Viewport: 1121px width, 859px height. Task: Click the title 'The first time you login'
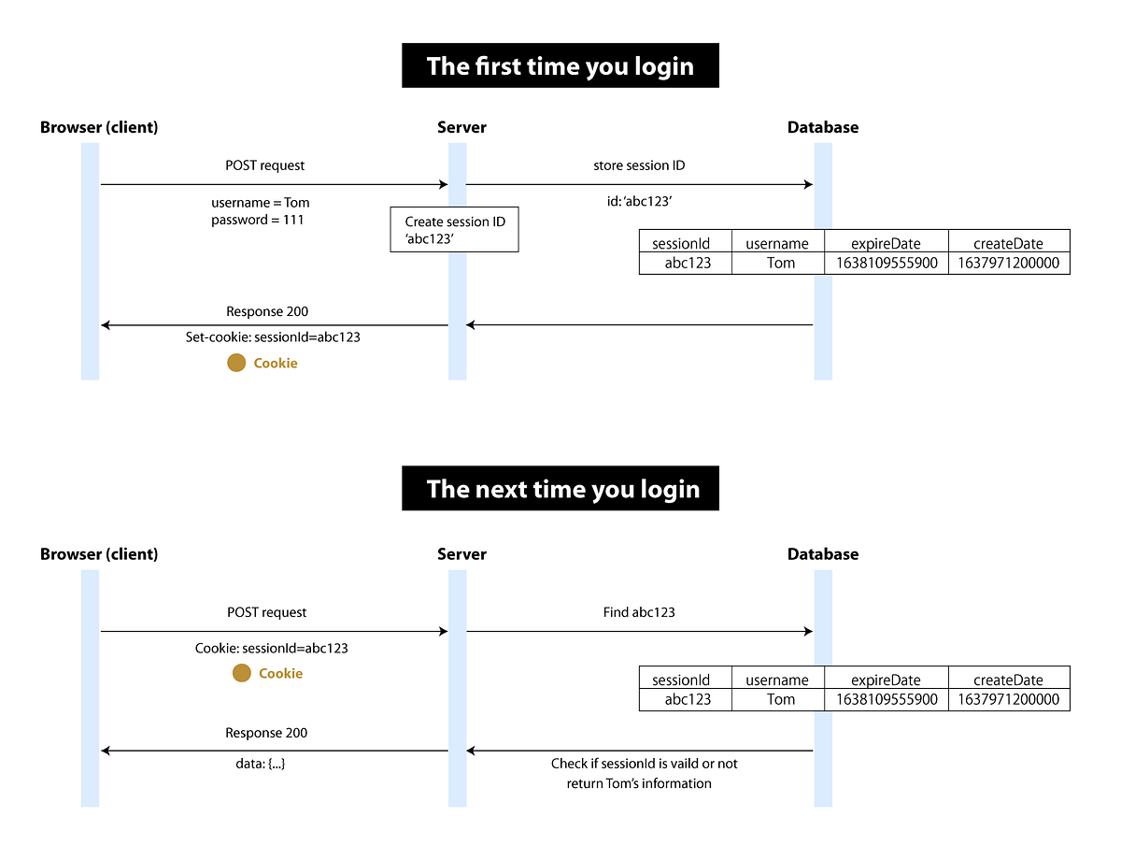coord(560,66)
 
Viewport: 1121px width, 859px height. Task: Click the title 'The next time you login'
coord(560,489)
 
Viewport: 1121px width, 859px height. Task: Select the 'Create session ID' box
coord(454,230)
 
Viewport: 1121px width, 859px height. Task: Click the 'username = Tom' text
coord(261,202)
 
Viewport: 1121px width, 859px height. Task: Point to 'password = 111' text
coord(258,220)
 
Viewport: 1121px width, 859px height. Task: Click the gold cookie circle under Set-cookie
coord(236,363)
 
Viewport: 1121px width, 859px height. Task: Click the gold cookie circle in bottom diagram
coord(242,673)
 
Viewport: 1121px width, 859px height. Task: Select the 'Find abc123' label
coord(639,612)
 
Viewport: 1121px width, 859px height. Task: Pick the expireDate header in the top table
coord(886,243)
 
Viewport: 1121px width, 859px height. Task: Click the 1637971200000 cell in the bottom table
coord(1009,699)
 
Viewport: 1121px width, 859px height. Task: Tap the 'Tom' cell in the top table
coord(781,263)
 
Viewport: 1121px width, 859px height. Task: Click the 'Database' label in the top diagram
coord(822,127)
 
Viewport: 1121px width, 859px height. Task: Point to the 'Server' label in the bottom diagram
coord(461,553)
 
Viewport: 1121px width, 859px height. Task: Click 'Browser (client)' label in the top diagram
coord(99,127)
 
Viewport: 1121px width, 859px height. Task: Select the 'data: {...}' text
coord(261,764)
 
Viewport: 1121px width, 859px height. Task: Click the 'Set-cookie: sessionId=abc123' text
coord(273,336)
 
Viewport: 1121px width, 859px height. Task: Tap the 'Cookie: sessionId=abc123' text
coord(271,648)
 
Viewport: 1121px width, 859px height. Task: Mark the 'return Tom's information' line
coord(639,783)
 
